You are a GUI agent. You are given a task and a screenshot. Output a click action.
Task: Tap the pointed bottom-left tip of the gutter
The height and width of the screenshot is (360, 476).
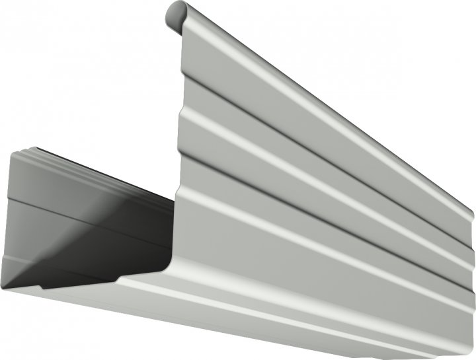(3, 286)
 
